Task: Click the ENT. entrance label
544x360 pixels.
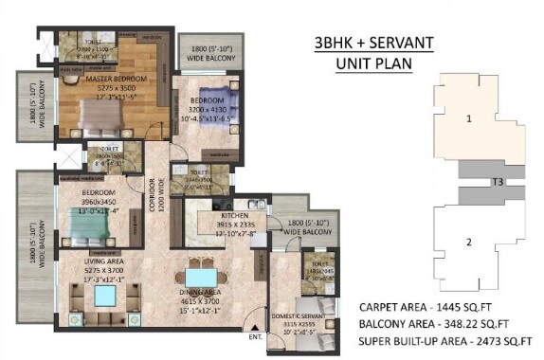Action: point(256,335)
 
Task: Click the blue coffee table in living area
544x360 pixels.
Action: point(102,297)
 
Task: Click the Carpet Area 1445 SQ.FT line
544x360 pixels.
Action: point(439,308)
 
